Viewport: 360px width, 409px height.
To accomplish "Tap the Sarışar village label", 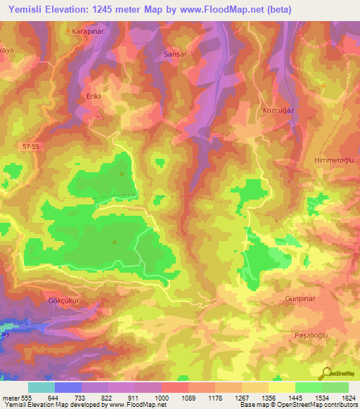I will coord(173,53).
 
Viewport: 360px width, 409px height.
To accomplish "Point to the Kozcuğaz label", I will coord(276,112).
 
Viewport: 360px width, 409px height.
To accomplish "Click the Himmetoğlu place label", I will coord(336,160).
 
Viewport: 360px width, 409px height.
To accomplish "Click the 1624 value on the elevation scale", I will coord(347,397).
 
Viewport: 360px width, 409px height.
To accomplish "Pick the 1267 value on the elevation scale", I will coord(243,397).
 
